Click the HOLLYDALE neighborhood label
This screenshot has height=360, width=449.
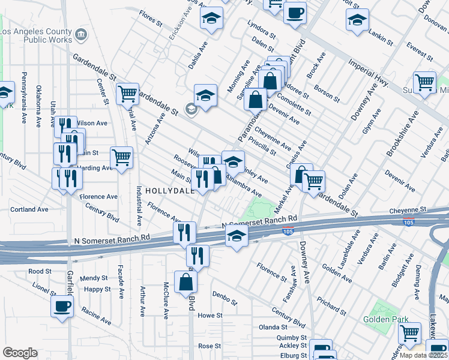tap(169, 190)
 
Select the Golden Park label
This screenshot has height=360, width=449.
tap(385, 320)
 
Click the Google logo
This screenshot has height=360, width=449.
tap(20, 353)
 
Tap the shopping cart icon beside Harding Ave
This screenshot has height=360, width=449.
tap(122, 157)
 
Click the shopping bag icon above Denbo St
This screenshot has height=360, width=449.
tap(185, 281)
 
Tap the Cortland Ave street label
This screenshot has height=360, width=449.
tap(29, 209)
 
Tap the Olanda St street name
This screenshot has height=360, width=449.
tap(273, 327)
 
